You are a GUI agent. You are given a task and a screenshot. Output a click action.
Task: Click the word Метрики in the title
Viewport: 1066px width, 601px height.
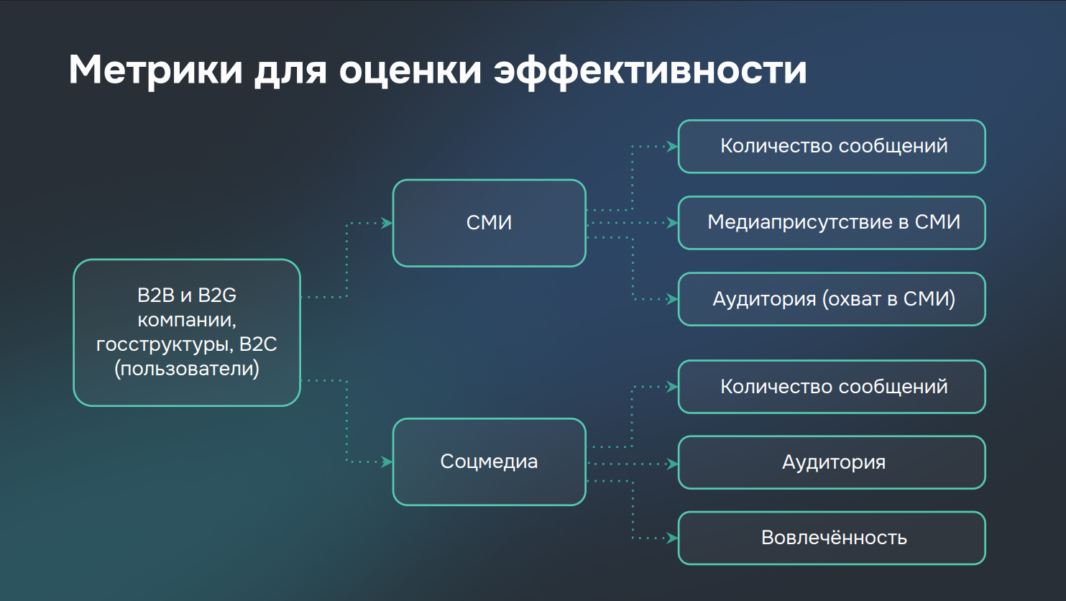155,70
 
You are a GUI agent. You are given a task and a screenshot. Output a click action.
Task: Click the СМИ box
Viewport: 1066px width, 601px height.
490,223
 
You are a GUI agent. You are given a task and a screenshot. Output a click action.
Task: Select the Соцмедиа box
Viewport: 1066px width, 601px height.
490,462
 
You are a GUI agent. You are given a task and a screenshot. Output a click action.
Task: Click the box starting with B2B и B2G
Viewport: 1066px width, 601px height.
187,333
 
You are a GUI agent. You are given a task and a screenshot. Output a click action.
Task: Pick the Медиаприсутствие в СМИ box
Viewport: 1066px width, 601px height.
832,223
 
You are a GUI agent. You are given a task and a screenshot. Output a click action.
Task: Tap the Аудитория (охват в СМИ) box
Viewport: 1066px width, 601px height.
832,299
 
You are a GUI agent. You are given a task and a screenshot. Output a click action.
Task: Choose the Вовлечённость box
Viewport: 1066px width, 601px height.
832,538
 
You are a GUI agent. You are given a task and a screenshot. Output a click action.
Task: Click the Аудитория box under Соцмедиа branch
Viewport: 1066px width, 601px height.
832,462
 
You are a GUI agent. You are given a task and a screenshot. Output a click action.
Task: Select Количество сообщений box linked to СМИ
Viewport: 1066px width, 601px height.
832,147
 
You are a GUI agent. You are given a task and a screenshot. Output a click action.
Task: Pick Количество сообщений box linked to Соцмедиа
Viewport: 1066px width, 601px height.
832,387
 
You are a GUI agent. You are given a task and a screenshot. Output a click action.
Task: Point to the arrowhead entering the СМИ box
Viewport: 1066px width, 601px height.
387,223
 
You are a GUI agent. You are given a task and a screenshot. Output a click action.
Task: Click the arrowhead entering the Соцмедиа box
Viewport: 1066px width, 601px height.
387,462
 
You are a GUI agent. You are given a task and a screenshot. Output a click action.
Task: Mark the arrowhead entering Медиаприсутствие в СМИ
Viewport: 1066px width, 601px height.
672,223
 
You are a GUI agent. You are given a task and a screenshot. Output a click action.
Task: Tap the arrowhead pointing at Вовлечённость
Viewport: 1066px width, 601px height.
672,538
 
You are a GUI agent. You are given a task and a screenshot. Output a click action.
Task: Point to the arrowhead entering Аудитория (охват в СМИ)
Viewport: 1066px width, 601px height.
672,299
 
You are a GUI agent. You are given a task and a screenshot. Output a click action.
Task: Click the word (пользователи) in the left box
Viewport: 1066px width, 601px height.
187,369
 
